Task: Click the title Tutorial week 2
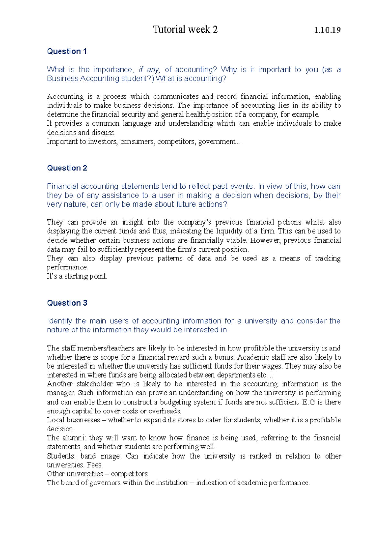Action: click(185, 30)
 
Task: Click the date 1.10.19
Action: click(327, 30)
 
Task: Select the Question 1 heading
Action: click(67, 51)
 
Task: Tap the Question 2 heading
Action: click(67, 168)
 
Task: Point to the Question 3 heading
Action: click(67, 303)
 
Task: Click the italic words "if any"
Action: click(149, 70)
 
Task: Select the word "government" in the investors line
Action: click(217, 142)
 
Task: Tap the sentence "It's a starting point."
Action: click(77, 276)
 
